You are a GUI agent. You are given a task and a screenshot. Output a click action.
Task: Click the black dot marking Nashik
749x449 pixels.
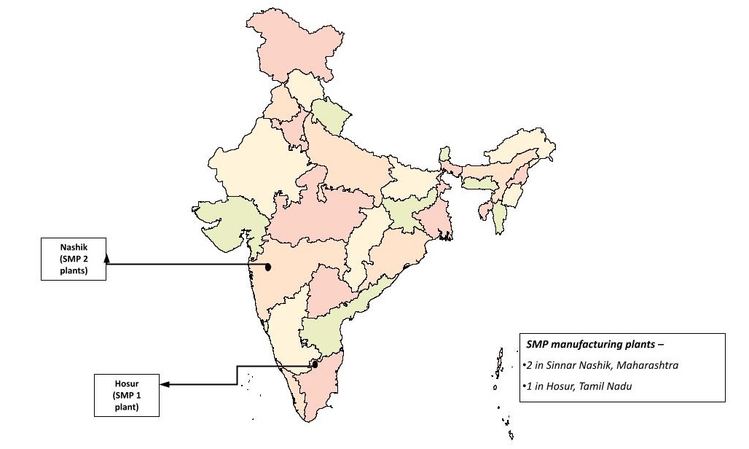coord(268,267)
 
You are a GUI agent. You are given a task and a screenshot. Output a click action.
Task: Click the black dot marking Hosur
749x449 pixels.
coord(315,364)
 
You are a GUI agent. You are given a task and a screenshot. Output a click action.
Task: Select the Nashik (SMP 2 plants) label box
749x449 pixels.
coord(74,258)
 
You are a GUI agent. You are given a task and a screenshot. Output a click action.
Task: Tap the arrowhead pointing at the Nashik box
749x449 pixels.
coord(107,257)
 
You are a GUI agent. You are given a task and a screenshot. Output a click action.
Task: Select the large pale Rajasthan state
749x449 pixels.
coord(255,168)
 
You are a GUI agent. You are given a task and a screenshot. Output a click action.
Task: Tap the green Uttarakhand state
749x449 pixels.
coord(329,117)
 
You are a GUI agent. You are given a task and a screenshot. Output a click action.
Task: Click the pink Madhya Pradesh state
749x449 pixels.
coord(321,211)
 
